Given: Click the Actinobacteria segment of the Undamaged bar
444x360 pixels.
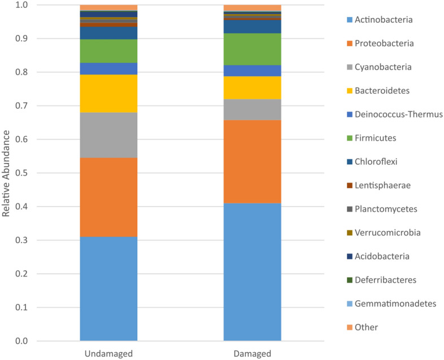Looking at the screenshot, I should tap(108, 288).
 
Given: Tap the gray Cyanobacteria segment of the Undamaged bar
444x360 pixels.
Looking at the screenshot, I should tap(108, 135).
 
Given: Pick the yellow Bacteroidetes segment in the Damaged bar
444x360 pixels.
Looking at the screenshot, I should tap(253, 87).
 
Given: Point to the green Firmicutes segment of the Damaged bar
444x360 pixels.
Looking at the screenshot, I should tap(253, 49).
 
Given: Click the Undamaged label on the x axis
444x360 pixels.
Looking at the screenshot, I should tap(108, 354).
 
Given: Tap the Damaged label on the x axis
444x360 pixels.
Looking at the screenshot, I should tap(253, 354).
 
